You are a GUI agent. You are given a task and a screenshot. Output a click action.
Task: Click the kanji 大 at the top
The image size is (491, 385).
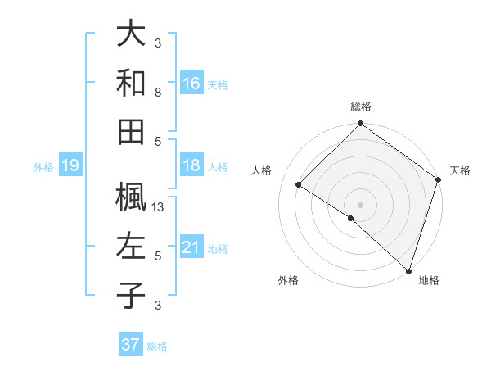click(132, 35)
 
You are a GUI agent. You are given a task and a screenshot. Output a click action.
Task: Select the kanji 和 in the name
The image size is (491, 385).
click(132, 83)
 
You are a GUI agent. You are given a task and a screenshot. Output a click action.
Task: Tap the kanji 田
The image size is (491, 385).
click(132, 130)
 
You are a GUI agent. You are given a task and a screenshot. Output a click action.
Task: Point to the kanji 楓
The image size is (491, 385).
click(132, 197)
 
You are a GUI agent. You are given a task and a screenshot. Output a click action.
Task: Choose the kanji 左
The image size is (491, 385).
click(132, 246)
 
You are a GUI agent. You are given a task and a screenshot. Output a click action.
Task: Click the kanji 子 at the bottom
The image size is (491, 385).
click(132, 294)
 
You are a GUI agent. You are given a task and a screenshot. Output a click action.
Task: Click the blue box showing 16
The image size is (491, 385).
click(191, 83)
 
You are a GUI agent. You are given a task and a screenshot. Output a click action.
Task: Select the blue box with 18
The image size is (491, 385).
click(191, 166)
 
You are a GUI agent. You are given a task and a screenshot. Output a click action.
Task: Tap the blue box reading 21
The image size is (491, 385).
click(191, 247)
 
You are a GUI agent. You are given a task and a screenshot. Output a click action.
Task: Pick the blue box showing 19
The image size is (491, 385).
click(70, 166)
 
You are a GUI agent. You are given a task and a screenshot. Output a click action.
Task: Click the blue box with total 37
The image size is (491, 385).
click(130, 345)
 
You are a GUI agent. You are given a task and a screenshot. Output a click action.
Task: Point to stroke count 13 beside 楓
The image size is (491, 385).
click(159, 207)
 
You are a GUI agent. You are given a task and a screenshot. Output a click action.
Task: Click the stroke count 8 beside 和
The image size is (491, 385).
click(158, 93)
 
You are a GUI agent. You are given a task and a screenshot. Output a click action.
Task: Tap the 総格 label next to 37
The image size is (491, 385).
click(157, 346)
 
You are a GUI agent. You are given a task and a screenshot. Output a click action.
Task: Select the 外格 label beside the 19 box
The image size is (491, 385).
click(43, 167)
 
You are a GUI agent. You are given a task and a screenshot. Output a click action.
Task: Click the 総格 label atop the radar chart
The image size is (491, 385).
click(361, 106)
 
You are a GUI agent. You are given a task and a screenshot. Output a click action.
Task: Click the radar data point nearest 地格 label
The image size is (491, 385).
click(408, 269)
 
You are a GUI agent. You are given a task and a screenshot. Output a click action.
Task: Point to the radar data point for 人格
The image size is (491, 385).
click(299, 184)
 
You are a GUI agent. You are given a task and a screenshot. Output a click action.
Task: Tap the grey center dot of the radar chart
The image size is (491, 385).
click(361, 204)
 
